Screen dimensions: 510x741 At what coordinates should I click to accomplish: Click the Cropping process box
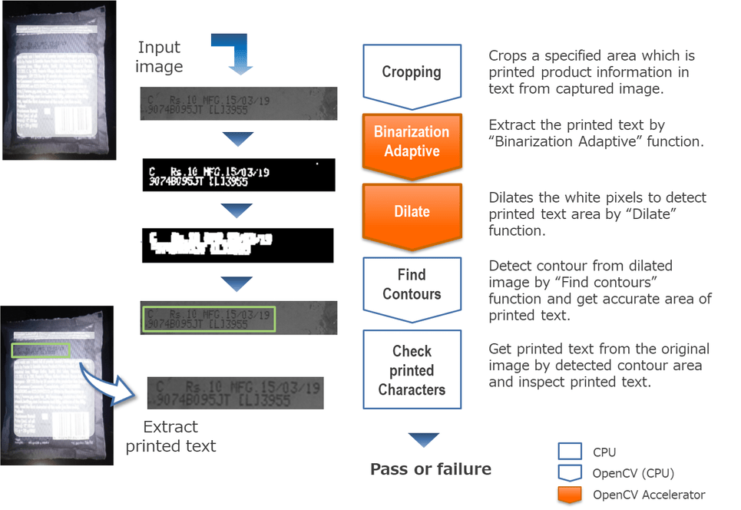(x=412, y=73)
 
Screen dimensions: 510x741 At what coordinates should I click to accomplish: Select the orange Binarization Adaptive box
(x=412, y=141)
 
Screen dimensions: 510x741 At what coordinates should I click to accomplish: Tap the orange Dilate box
(x=412, y=212)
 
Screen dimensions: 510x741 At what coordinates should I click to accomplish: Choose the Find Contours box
(x=412, y=284)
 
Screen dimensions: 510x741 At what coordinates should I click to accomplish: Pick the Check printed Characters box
(x=412, y=370)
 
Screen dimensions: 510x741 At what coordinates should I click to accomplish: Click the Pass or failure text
(x=431, y=469)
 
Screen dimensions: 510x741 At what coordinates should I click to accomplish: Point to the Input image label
(x=159, y=58)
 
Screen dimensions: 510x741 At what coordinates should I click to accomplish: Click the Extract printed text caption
(x=171, y=436)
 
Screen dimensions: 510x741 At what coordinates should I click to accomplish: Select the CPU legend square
(x=570, y=452)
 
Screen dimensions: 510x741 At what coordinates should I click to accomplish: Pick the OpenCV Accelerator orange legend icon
(x=570, y=495)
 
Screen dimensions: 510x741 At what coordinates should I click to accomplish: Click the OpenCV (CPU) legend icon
(x=570, y=474)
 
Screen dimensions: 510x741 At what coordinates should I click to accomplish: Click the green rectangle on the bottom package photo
(x=41, y=350)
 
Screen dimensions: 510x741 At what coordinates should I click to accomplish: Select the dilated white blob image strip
(x=239, y=246)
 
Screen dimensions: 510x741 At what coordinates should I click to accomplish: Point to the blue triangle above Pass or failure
(x=423, y=440)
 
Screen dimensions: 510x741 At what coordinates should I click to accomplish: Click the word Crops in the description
(x=508, y=56)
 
